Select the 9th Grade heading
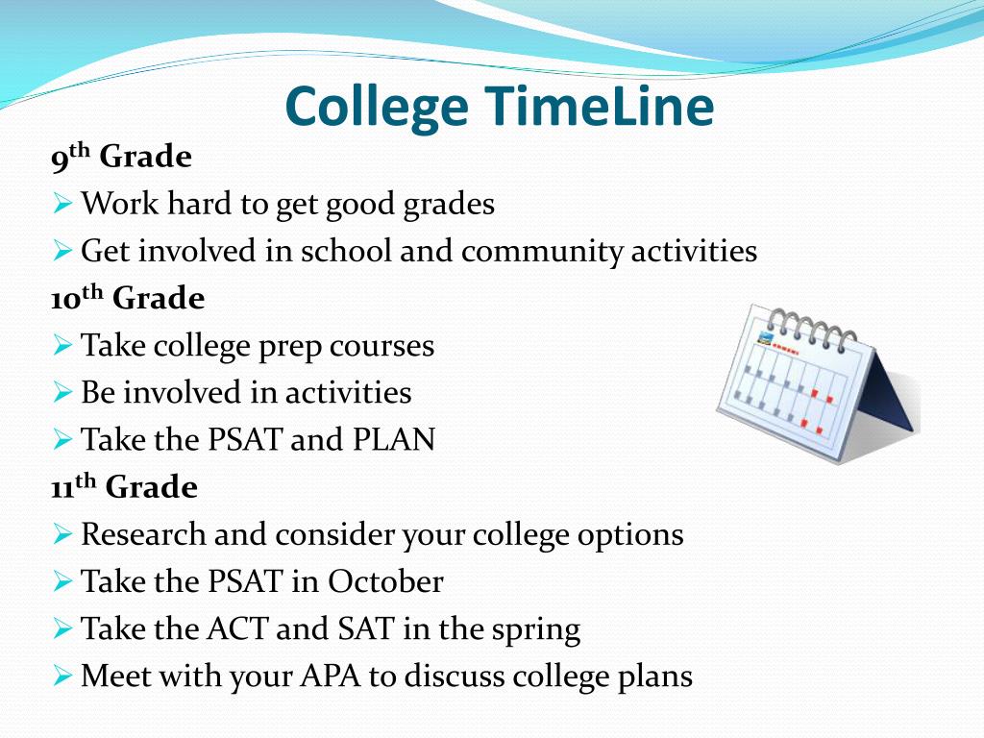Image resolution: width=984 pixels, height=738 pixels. tap(121, 157)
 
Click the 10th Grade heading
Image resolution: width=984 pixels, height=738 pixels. tap(128, 298)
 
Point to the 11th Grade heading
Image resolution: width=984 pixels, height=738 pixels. tap(124, 486)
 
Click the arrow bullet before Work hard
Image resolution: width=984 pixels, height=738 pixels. tap(62, 204)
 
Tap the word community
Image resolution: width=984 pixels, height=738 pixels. tap(542, 252)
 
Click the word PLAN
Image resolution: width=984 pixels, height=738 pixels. tap(393, 439)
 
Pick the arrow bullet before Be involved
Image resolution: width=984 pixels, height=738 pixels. tap(62, 392)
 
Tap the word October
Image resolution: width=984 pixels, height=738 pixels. tap(385, 581)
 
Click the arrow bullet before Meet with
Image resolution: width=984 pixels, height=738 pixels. tap(62, 676)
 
